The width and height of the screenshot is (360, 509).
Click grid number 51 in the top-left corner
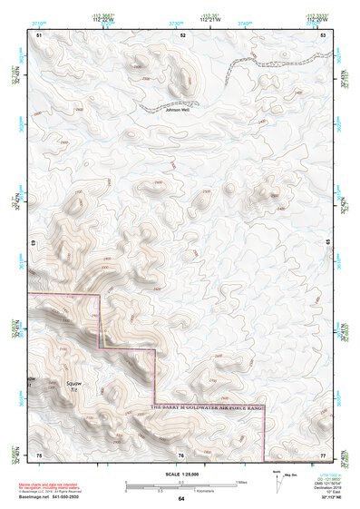coord(39,34)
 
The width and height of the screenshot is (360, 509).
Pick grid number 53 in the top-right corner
coord(323,34)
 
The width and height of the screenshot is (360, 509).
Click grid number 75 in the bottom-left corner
coord(39,454)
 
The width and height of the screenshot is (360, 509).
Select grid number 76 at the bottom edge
coord(181,454)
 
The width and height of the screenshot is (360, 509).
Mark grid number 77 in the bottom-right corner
coord(323,454)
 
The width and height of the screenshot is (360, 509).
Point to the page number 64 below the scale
coord(181,499)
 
